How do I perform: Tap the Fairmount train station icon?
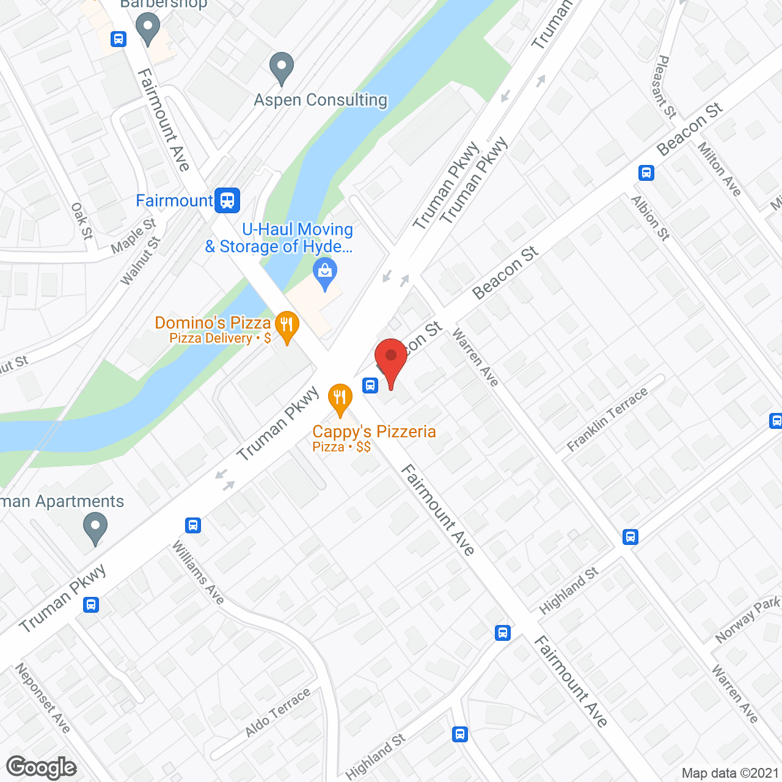pyautogui.click(x=228, y=200)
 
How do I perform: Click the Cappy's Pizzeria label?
pyautogui.click(x=374, y=432)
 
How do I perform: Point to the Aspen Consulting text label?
pyautogui.click(x=321, y=100)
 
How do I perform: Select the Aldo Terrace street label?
pyautogui.click(x=278, y=712)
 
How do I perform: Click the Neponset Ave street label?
pyautogui.click(x=43, y=698)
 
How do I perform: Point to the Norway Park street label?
pyautogui.click(x=747, y=619)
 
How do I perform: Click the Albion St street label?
pyautogui.click(x=651, y=217)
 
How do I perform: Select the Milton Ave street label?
pyautogui.click(x=720, y=169)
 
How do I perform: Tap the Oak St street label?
pyautogui.click(x=82, y=221)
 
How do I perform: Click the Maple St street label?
pyautogui.click(x=134, y=236)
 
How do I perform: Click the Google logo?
pyautogui.click(x=42, y=767)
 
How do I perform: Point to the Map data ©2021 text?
pyautogui.click(x=730, y=773)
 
